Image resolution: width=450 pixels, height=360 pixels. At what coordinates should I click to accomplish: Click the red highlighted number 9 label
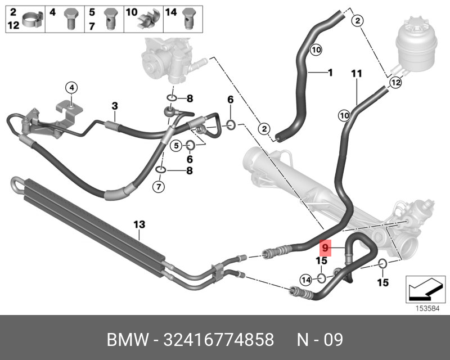point(325,246)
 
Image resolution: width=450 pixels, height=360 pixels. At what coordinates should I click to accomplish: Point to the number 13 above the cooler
point(139,224)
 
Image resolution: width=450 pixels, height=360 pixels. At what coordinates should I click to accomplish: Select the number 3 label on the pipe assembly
point(114,106)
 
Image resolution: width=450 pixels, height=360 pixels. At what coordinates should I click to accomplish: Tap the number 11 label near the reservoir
point(357,74)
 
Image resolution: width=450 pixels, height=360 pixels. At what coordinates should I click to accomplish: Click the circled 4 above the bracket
point(72,87)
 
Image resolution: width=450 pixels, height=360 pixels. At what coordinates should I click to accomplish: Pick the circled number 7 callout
point(159,186)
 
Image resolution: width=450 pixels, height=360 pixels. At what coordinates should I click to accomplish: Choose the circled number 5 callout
point(175,146)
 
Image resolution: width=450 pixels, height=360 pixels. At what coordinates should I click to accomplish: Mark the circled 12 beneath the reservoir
point(395,83)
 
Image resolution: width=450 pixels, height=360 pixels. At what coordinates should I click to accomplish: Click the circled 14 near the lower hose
point(306,278)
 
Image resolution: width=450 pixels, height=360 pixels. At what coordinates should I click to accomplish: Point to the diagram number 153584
point(426,308)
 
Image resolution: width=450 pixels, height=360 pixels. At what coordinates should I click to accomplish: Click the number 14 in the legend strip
point(171,12)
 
